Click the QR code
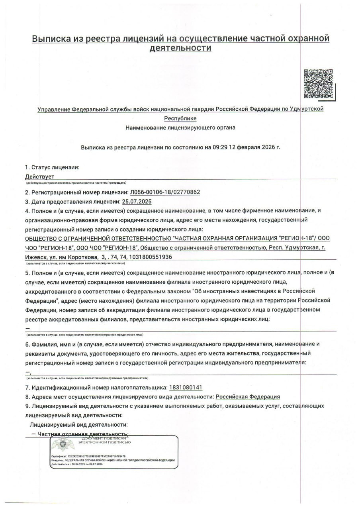tap(318, 84)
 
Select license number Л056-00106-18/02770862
tap(165, 192)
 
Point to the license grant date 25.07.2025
tap(137, 202)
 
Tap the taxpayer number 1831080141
tap(186, 387)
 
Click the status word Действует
tap(39, 176)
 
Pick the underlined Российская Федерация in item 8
tap(247, 397)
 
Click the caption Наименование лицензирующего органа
tap(180, 128)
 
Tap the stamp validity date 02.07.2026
tap(96, 464)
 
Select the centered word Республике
tap(180, 118)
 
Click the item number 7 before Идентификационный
tap(27, 387)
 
